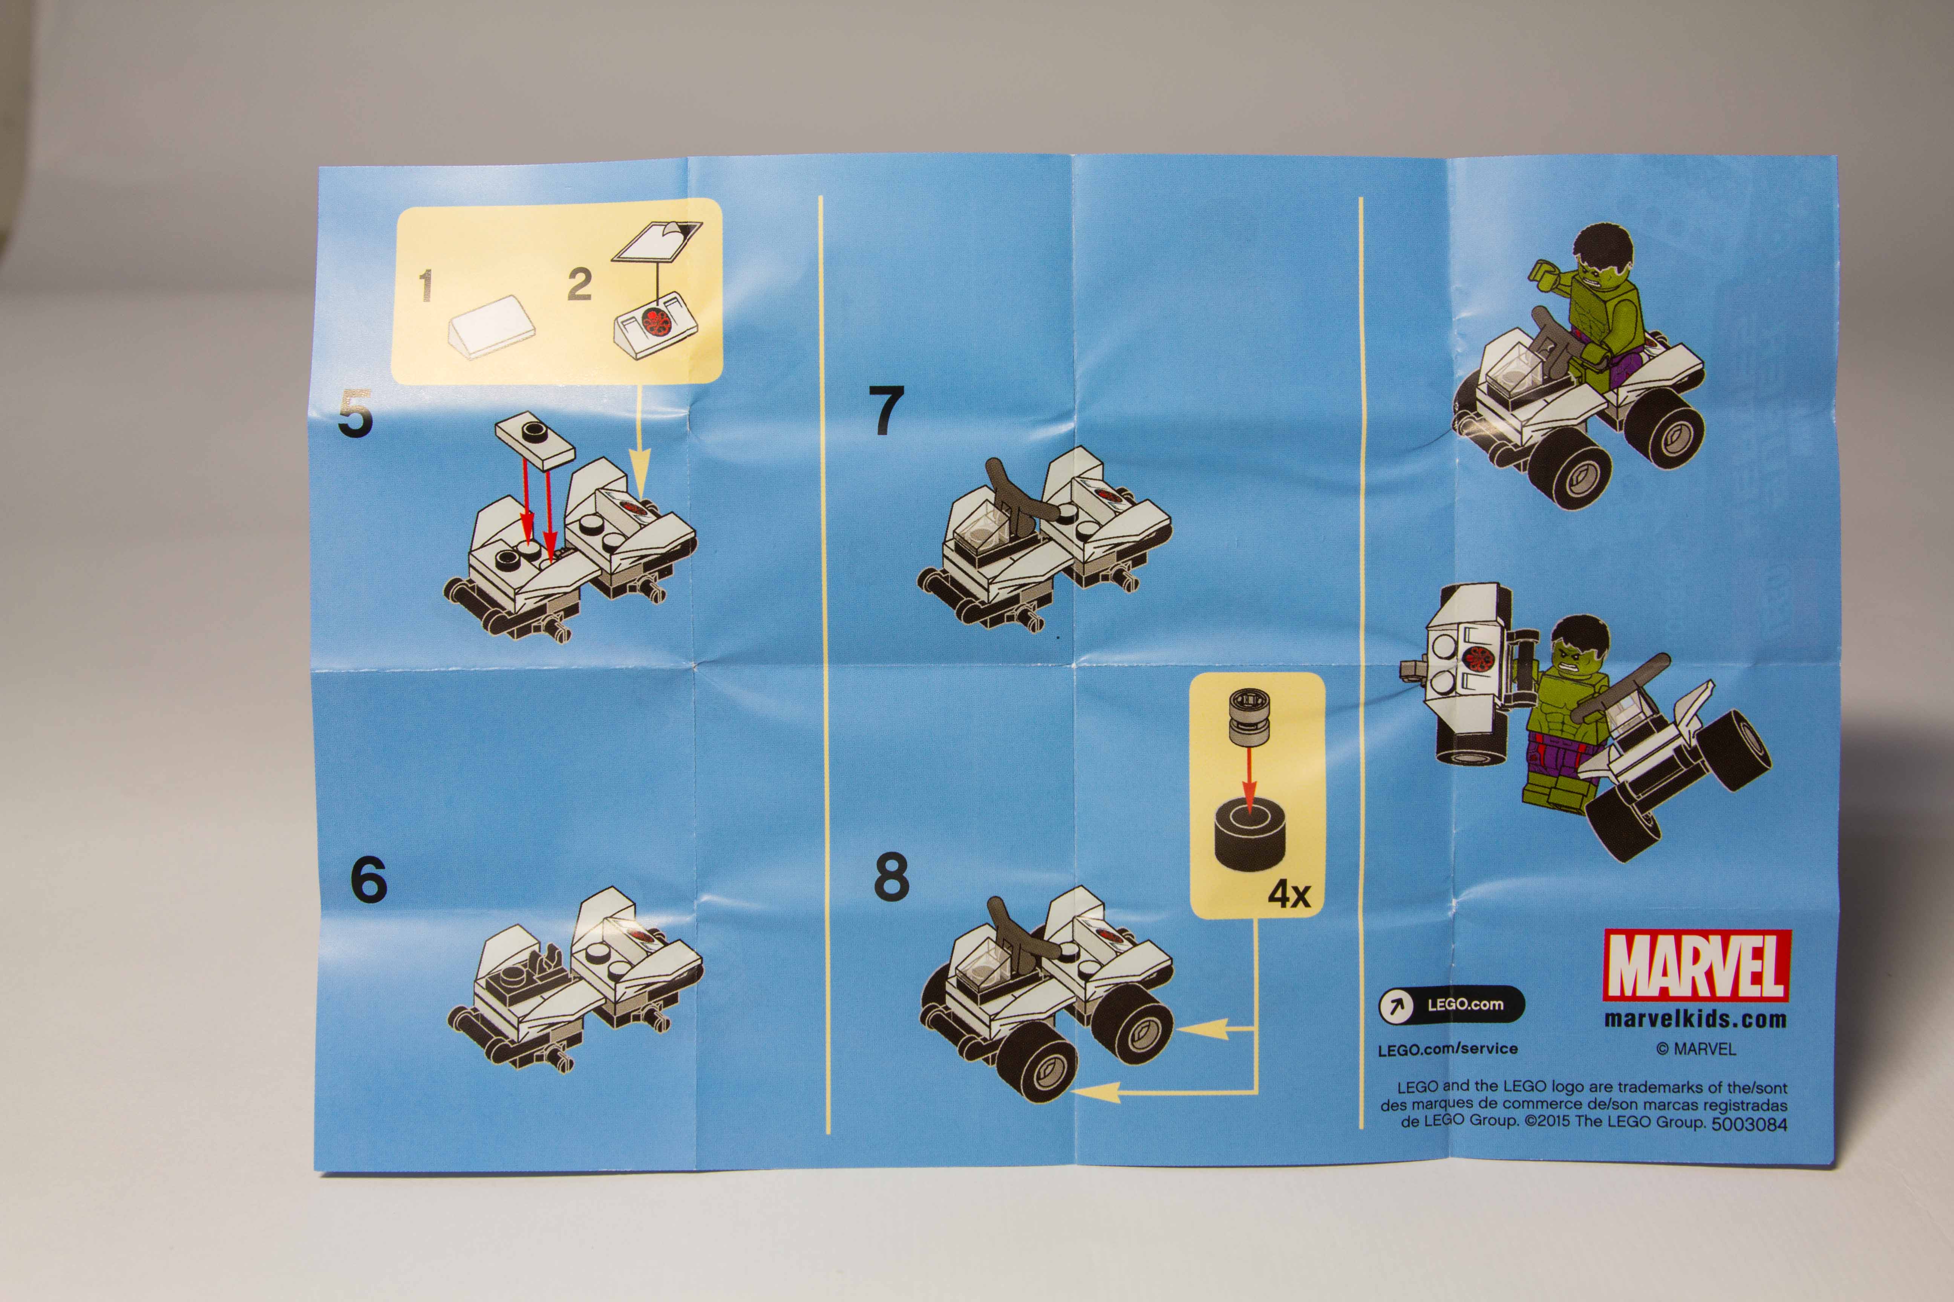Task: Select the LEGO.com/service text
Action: [x=1447, y=1049]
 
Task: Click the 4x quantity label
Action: [x=1289, y=894]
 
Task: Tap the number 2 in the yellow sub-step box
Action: [x=579, y=284]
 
